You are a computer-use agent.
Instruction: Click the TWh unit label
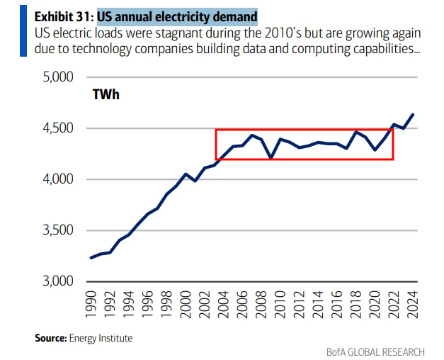106,94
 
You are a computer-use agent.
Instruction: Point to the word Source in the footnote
50,338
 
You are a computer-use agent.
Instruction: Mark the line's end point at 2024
413,114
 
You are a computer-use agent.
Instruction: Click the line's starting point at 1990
91,257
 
